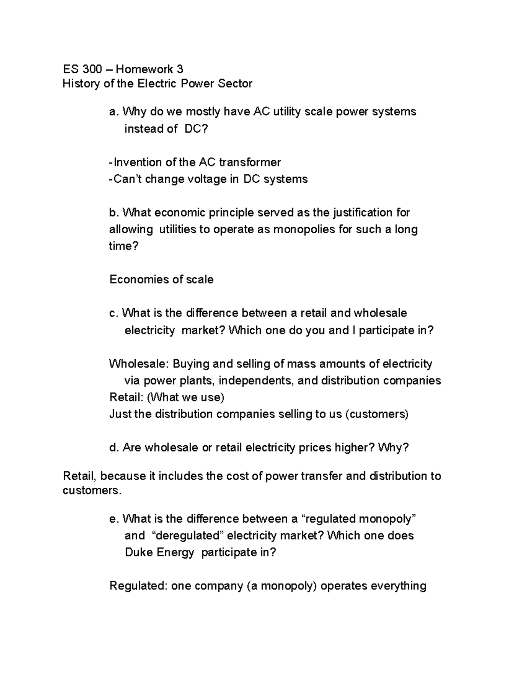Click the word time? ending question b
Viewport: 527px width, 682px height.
click(x=123, y=246)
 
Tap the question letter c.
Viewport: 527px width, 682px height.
click(x=113, y=313)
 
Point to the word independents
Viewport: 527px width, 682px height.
click(x=256, y=381)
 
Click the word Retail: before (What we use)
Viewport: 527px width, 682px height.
click(x=126, y=397)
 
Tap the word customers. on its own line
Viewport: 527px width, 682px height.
click(x=91, y=491)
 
